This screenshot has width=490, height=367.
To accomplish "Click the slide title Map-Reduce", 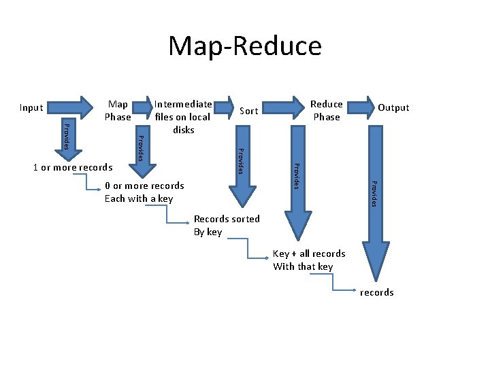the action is [x=244, y=46].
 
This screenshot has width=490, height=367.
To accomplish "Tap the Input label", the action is [x=31, y=107].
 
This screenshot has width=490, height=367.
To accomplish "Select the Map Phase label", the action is [x=118, y=110].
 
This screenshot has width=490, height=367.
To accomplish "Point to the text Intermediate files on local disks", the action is [x=182, y=116].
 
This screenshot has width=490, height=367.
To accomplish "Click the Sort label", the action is [x=249, y=110].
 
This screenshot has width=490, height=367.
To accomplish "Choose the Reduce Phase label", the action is [x=326, y=110].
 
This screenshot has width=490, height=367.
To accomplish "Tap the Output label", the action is [x=393, y=107].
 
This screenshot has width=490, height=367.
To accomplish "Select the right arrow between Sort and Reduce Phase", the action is [x=285, y=106].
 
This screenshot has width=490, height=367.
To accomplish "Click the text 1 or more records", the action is [x=73, y=167].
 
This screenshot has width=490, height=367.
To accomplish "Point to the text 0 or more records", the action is [x=144, y=186].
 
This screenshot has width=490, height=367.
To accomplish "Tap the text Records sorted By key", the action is [x=227, y=225].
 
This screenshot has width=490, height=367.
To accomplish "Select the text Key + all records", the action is [x=309, y=254].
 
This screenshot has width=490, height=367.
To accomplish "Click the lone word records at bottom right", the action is [x=377, y=292].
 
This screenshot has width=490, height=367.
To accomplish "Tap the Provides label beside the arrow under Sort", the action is [x=240, y=160].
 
